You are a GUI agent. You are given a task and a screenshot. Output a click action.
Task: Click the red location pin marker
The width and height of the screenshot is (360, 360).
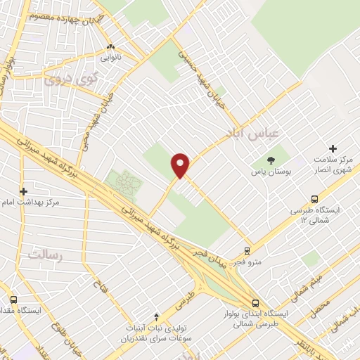point(181,165)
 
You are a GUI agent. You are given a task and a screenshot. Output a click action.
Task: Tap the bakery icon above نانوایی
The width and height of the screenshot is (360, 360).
point(110,47)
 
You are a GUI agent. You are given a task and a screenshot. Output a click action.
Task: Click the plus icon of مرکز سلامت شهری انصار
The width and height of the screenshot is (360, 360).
point(333,148)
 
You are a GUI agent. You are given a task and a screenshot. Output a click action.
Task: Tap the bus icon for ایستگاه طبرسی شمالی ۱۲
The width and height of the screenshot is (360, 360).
point(314,199)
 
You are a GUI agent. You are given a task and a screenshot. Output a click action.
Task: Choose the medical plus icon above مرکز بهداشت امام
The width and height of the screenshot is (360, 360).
point(24,191)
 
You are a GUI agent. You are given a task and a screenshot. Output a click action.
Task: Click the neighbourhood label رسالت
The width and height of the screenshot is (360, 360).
point(45,255)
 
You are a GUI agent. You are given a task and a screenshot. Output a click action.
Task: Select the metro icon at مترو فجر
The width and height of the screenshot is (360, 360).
point(247,250)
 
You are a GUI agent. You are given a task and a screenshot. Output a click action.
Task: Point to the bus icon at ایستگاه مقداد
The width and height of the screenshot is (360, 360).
point(12,298)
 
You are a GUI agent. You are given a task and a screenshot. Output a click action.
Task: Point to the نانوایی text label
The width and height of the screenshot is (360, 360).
point(110,57)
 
